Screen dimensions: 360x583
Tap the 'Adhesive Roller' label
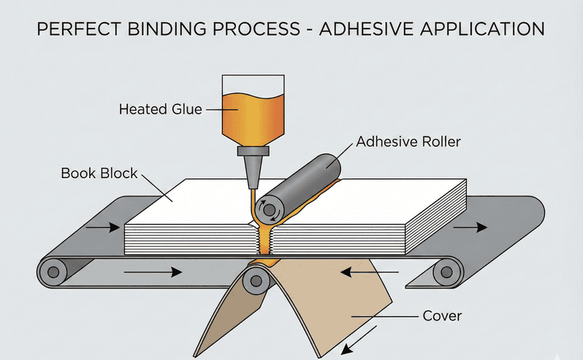[408, 142]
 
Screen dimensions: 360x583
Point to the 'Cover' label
[441, 316]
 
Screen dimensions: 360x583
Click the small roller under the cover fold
[254, 277]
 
